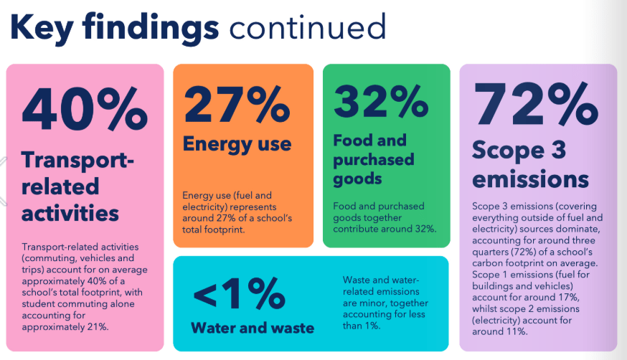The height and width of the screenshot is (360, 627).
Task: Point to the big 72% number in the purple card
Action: pyautogui.click(x=536, y=107)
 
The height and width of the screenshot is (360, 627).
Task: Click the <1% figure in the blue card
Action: pyautogui.click(x=239, y=294)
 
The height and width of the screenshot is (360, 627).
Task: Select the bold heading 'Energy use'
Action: pyautogui.click(x=237, y=143)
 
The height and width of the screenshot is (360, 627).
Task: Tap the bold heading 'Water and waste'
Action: pyautogui.click(x=253, y=328)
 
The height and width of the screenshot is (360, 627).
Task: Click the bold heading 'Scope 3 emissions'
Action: pyautogui.click(x=530, y=164)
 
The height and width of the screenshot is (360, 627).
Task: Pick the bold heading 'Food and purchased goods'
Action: pyautogui.click(x=374, y=158)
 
